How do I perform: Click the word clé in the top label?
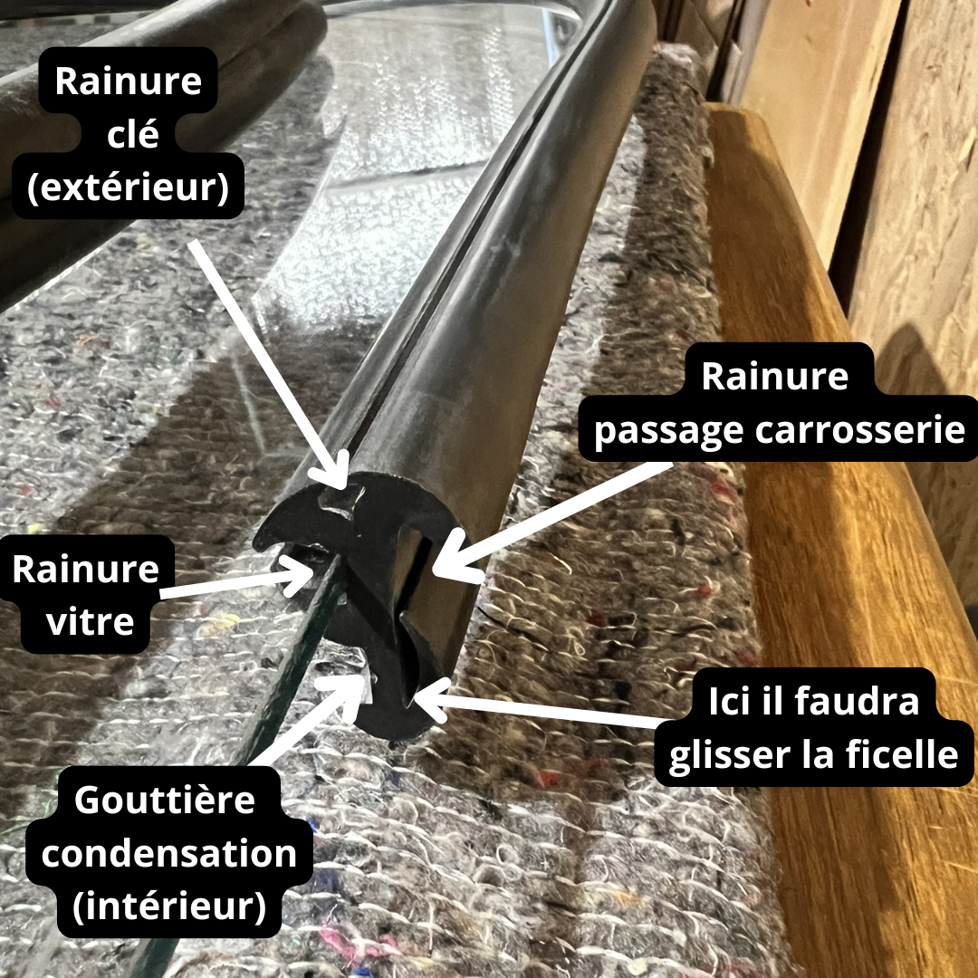pos(132,133)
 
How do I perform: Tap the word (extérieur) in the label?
pos(128,187)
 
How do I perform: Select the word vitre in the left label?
pos(90,621)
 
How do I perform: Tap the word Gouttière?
pos(165,800)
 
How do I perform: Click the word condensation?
pos(168,853)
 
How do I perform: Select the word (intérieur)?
pos(169,906)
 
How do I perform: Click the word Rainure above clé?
pos(129,81)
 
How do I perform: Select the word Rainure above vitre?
pos(85,569)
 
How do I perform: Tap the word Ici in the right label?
pos(728,701)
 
